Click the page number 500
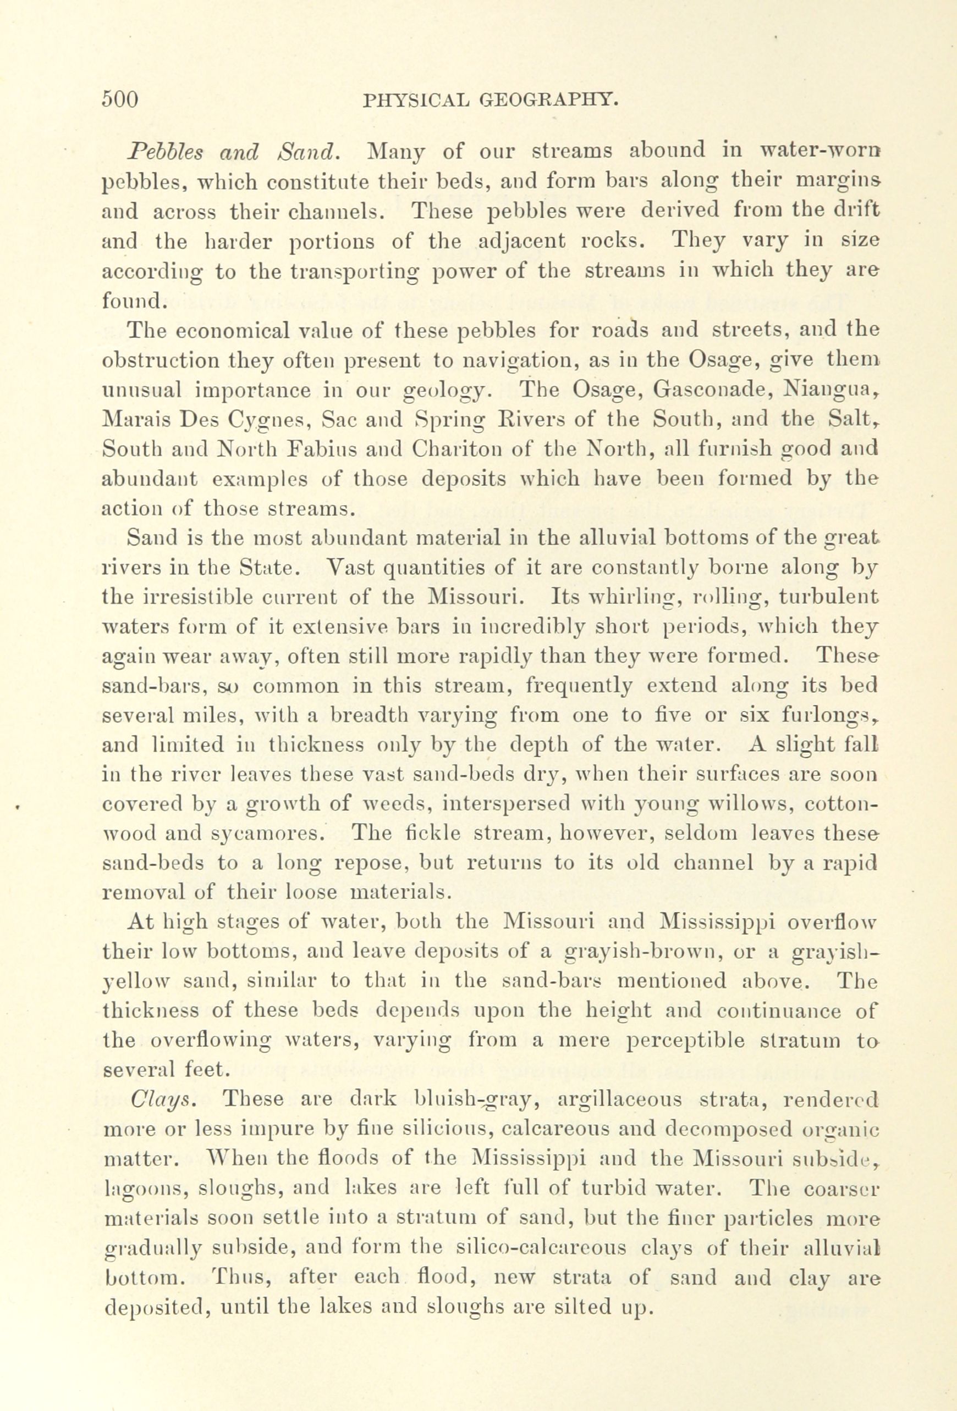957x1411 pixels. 122,99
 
